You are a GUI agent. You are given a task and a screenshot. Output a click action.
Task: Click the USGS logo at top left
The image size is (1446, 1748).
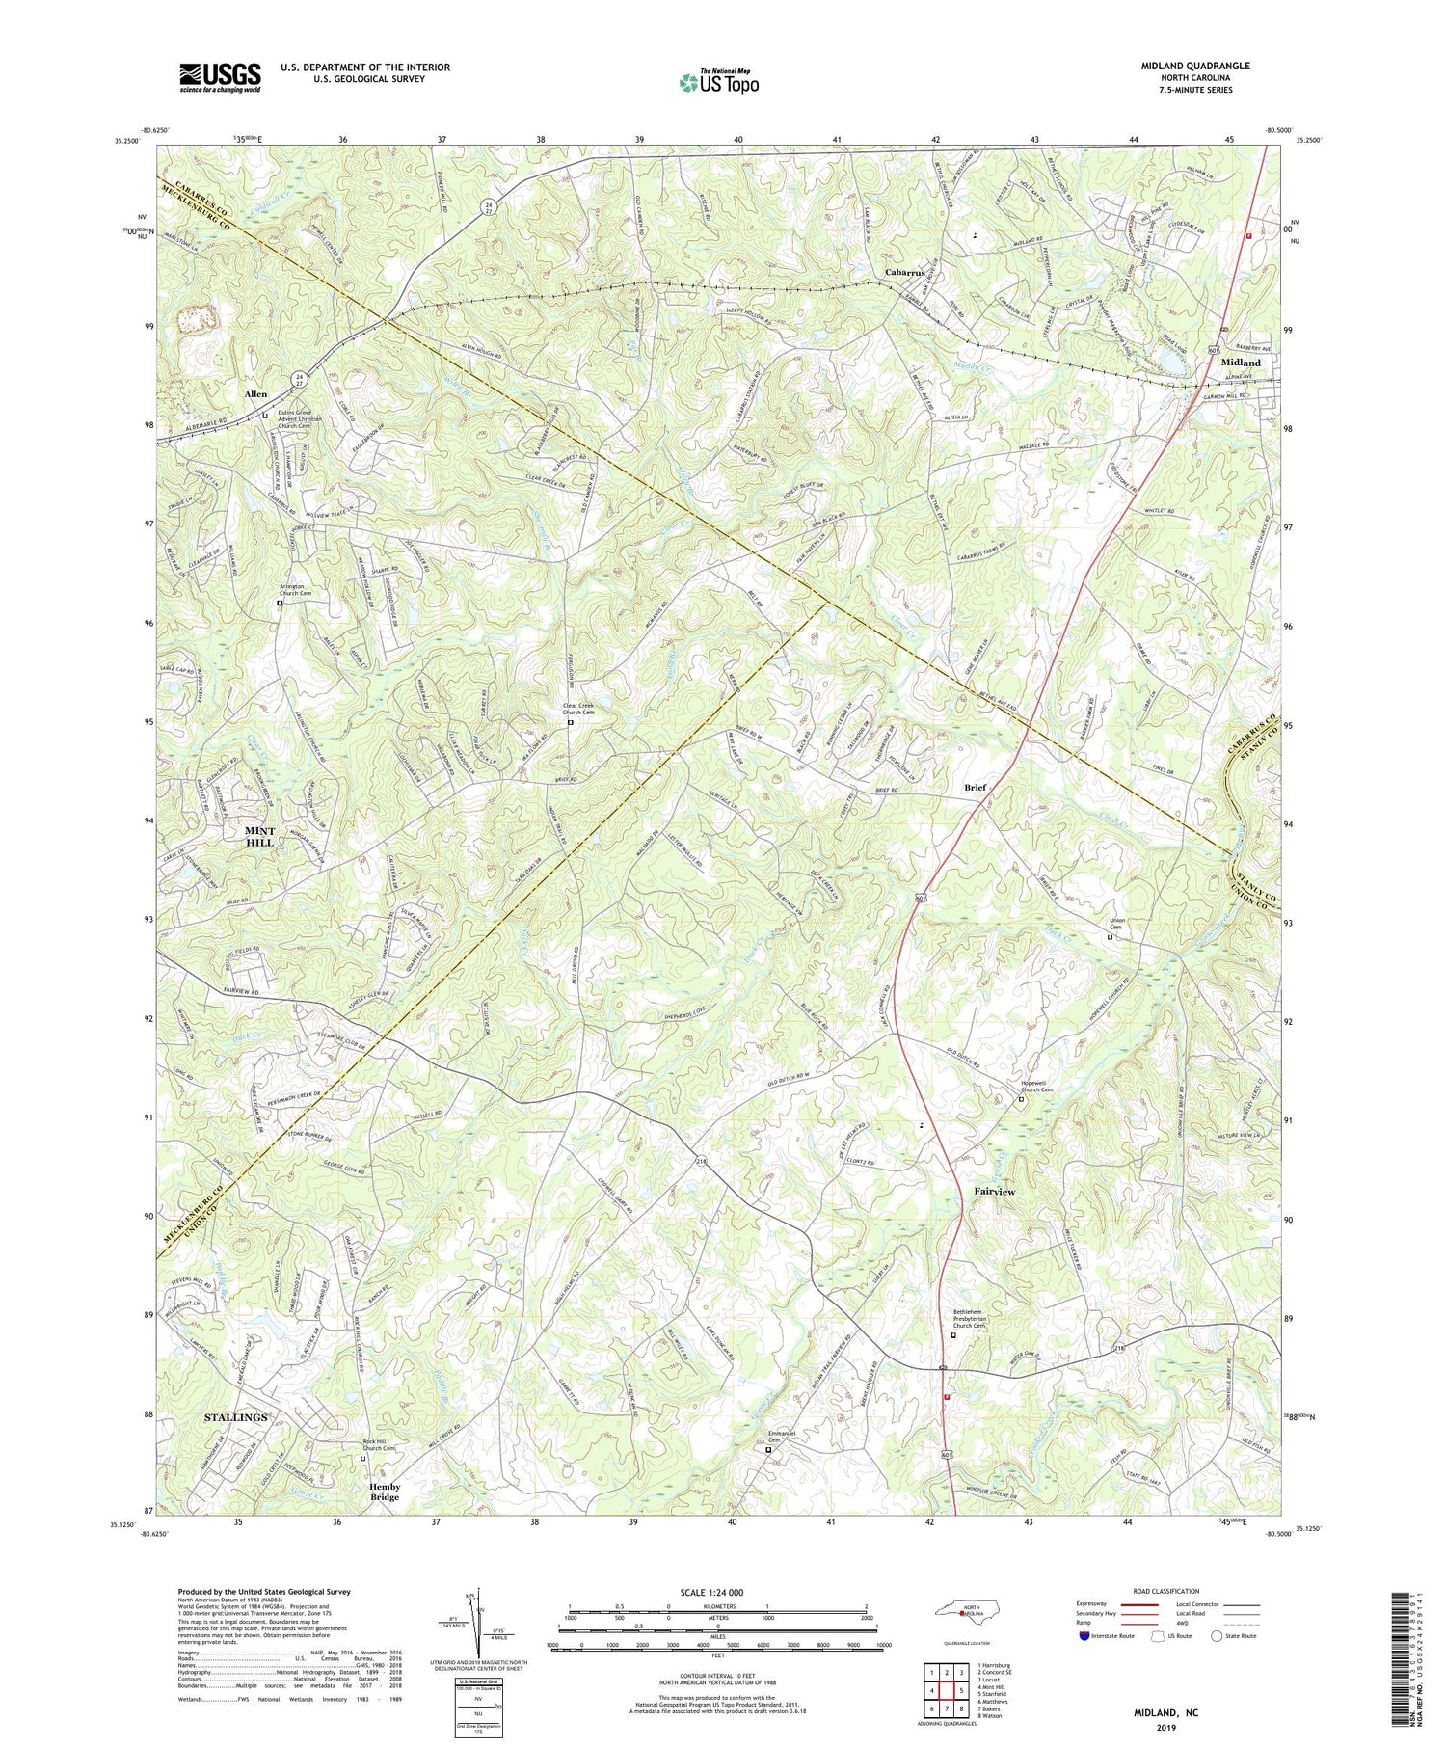click(220, 77)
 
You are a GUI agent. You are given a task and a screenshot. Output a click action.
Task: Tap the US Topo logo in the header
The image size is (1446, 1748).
click(718, 82)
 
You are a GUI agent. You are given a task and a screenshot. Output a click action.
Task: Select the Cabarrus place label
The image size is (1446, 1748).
click(905, 273)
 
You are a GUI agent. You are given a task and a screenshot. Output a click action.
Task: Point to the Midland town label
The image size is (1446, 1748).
click(1241, 363)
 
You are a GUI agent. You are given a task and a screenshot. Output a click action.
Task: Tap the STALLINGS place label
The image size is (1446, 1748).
click(236, 1417)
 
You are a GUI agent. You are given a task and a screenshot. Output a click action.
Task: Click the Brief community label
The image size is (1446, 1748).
click(976, 788)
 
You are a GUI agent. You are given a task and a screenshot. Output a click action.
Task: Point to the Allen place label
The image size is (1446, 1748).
click(255, 394)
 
